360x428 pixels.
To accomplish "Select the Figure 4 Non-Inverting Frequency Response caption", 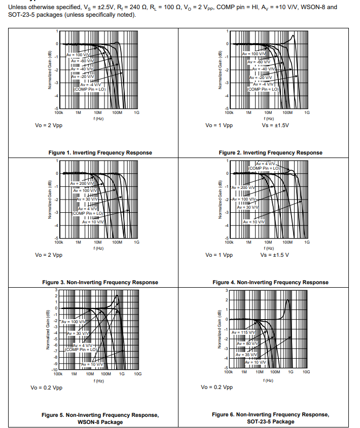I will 270,282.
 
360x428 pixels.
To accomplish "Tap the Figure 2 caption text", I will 270,152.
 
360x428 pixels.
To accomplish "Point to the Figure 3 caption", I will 100,282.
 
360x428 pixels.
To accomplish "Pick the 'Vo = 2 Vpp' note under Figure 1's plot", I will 49,125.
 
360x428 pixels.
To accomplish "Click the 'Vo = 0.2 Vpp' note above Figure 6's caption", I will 217,387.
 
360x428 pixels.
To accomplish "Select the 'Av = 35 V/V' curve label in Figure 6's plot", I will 247,355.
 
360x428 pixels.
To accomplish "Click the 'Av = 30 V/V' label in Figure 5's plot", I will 78,333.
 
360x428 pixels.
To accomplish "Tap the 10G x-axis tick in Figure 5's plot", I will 137,374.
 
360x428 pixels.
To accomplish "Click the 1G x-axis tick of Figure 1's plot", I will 136,113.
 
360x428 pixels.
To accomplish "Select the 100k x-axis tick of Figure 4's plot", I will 229,243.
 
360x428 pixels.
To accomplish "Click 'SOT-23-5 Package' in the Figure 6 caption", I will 270,421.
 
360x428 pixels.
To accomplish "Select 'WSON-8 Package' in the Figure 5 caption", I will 100,422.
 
